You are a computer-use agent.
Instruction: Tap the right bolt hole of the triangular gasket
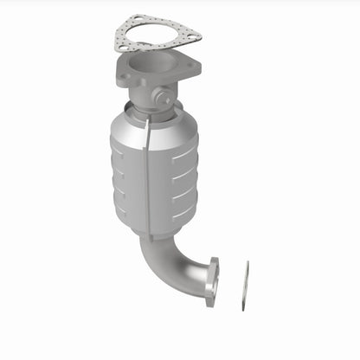click(x=194, y=37)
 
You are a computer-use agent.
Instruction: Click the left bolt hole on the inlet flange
click(x=125, y=80)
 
